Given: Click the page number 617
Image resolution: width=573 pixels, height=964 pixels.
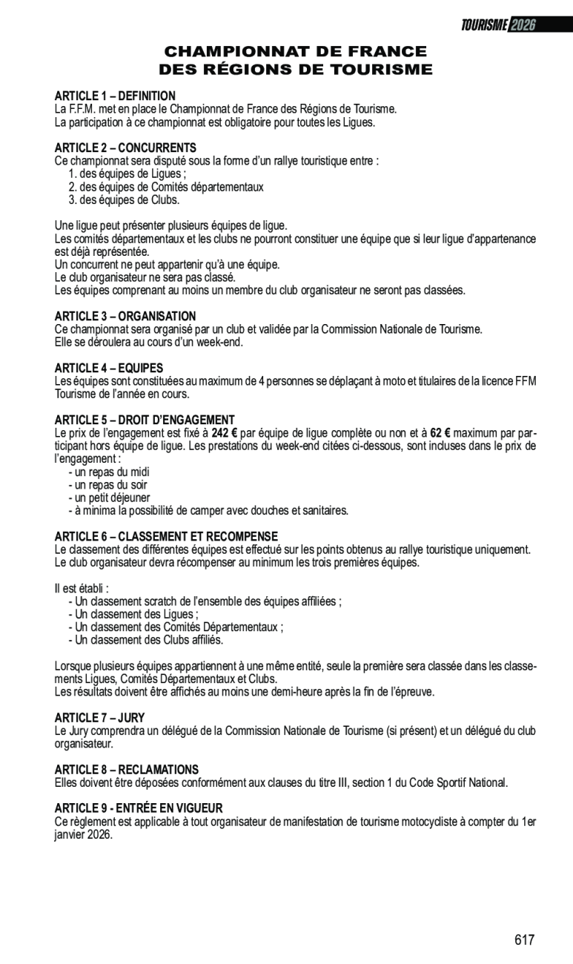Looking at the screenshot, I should point(524,940).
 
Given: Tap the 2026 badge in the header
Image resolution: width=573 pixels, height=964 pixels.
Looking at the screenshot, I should point(523,25).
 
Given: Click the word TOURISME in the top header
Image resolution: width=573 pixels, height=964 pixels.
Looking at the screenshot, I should point(484,25).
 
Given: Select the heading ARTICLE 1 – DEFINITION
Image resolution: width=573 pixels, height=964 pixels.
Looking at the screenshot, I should point(115,96).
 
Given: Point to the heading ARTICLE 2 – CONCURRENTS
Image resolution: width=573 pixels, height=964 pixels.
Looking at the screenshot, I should point(125,148).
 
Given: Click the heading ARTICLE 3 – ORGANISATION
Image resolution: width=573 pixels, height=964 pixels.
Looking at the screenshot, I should point(125,316).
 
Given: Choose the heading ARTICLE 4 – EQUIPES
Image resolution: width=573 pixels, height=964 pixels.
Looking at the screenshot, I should point(109,368).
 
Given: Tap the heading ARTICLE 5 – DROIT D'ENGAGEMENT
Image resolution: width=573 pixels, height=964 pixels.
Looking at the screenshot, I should point(145,420).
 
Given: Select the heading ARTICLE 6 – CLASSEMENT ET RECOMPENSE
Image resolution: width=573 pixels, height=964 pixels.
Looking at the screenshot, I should point(166,536).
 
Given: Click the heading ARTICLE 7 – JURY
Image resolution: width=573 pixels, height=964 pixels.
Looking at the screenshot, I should point(99,718).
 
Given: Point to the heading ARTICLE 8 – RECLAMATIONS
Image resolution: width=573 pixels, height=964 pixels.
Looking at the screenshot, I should point(127,770).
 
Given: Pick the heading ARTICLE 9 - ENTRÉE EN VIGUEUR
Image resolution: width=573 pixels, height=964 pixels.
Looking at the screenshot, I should point(139,808).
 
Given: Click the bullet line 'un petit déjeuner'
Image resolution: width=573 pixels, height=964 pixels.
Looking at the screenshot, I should point(109,498).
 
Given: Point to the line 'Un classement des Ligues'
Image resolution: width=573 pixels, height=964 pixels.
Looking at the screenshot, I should point(133,614).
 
